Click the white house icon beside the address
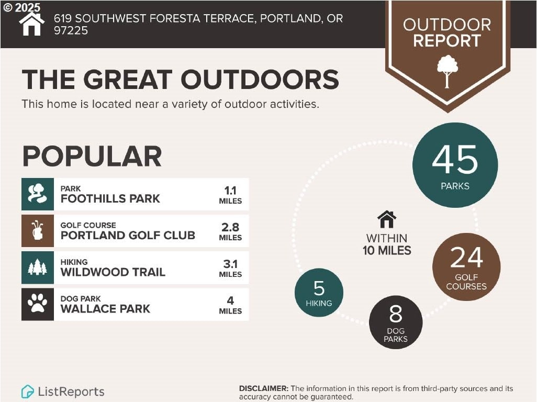(x=31, y=24)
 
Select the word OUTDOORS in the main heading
(x=260, y=80)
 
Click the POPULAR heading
(x=92, y=157)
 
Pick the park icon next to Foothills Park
(x=38, y=194)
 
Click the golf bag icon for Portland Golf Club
(x=38, y=230)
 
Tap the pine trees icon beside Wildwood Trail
(x=38, y=267)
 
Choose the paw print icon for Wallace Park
(x=38, y=304)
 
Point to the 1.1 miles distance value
(x=230, y=195)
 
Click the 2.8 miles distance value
(x=230, y=231)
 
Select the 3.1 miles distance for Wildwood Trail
(x=230, y=268)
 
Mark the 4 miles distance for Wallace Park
(x=230, y=305)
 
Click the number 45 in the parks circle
(x=455, y=160)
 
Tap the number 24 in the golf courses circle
(x=466, y=258)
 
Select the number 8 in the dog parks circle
(x=396, y=314)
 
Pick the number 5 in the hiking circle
(x=319, y=288)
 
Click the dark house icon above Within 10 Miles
(x=387, y=219)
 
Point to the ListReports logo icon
(x=27, y=392)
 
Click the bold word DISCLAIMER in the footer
(x=264, y=388)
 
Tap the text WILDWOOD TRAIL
(x=113, y=272)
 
